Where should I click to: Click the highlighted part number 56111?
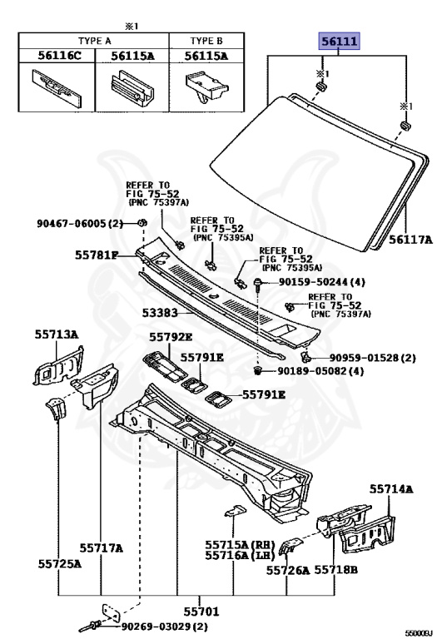pyautogui.click(x=339, y=41)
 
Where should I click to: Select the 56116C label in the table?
pyautogui.click(x=60, y=56)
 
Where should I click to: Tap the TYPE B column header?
pyautogui.click(x=206, y=41)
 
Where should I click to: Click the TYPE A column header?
pyautogui.click(x=95, y=41)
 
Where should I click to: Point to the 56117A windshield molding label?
pyautogui.click(x=410, y=240)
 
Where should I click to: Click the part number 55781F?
pyautogui.click(x=97, y=255)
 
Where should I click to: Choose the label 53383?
pyautogui.click(x=160, y=313)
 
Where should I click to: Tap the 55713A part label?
pyautogui.click(x=57, y=334)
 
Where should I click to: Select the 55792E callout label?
pyautogui.click(x=171, y=337)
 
